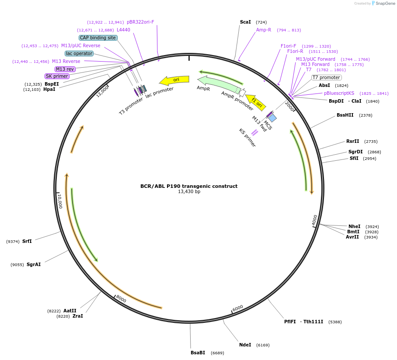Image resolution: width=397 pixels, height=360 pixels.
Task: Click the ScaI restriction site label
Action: [x=245, y=22]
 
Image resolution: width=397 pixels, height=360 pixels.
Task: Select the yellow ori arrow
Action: [x=174, y=80]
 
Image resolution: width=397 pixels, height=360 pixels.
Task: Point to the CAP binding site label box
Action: [x=98, y=38]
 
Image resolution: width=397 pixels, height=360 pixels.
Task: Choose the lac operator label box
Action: [x=79, y=53]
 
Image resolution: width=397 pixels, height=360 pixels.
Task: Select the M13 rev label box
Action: [x=65, y=69]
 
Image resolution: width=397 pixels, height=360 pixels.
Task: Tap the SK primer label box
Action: [x=57, y=76]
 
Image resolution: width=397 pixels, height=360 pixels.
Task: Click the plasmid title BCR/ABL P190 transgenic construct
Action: [x=189, y=186]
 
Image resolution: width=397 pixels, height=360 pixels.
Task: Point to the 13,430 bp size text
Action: [x=189, y=192]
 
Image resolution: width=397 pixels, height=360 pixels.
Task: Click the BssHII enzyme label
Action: [x=345, y=115]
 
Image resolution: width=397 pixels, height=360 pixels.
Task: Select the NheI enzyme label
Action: [x=354, y=226]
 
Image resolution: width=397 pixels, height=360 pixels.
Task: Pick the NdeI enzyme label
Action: [x=245, y=345]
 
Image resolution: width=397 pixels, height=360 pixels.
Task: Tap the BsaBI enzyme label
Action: [x=198, y=353]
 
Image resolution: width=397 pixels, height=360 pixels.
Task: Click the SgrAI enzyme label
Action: [x=34, y=264]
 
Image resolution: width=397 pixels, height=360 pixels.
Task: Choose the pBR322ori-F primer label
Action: [x=140, y=22]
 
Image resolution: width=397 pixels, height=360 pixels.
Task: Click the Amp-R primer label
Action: [x=264, y=30]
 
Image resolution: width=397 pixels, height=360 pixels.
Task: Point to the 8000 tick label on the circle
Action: [x=121, y=300]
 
